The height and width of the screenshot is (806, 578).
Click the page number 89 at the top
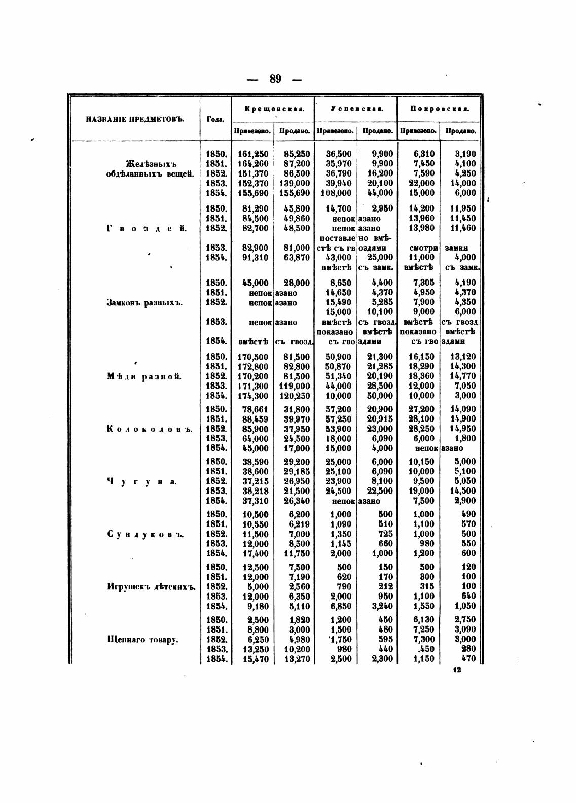tap(276, 79)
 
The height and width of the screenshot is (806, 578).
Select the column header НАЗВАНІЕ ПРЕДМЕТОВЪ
tap(134, 120)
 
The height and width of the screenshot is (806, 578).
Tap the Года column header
tap(215, 120)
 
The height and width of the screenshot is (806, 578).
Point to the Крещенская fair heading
tap(273, 109)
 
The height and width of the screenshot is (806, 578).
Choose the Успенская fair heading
tap(356, 109)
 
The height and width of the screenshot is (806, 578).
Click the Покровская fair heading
tap(439, 109)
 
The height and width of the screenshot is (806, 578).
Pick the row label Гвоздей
tap(147, 228)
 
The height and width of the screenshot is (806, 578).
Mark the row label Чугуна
tap(142, 481)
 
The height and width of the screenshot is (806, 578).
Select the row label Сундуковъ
tap(145, 534)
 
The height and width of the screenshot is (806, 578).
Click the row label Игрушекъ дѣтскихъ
tap(151, 587)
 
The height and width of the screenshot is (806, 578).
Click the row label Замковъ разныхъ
tap(144, 303)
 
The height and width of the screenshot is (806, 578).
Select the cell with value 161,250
tap(253, 154)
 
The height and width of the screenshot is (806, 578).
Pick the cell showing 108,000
tap(336, 193)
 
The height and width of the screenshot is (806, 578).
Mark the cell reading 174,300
tap(253, 396)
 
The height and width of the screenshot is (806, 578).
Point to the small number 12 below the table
tap(457, 670)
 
